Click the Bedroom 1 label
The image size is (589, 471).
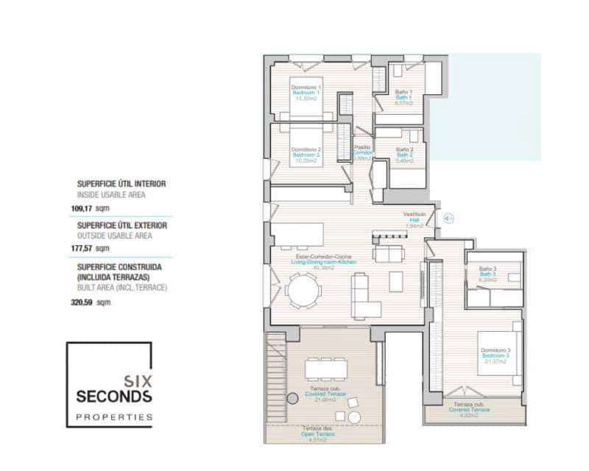[x=306, y=93]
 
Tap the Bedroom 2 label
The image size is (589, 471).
[x=306, y=155]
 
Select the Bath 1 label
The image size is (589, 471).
[x=403, y=97]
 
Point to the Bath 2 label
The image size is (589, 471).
[x=403, y=155]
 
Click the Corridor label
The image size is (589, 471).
[x=362, y=152]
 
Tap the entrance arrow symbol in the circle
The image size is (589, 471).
[x=448, y=217]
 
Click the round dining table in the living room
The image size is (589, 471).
[x=303, y=291]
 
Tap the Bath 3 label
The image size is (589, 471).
[x=486, y=274]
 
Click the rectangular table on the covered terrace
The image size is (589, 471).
[x=324, y=368]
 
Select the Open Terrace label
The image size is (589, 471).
[x=318, y=434]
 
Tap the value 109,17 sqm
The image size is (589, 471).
[x=94, y=208]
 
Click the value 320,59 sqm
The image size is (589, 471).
[x=94, y=302]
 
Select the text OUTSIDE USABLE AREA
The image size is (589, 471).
[x=114, y=236]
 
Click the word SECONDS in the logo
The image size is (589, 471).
[x=113, y=397]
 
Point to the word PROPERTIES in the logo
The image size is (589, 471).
[x=113, y=417]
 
